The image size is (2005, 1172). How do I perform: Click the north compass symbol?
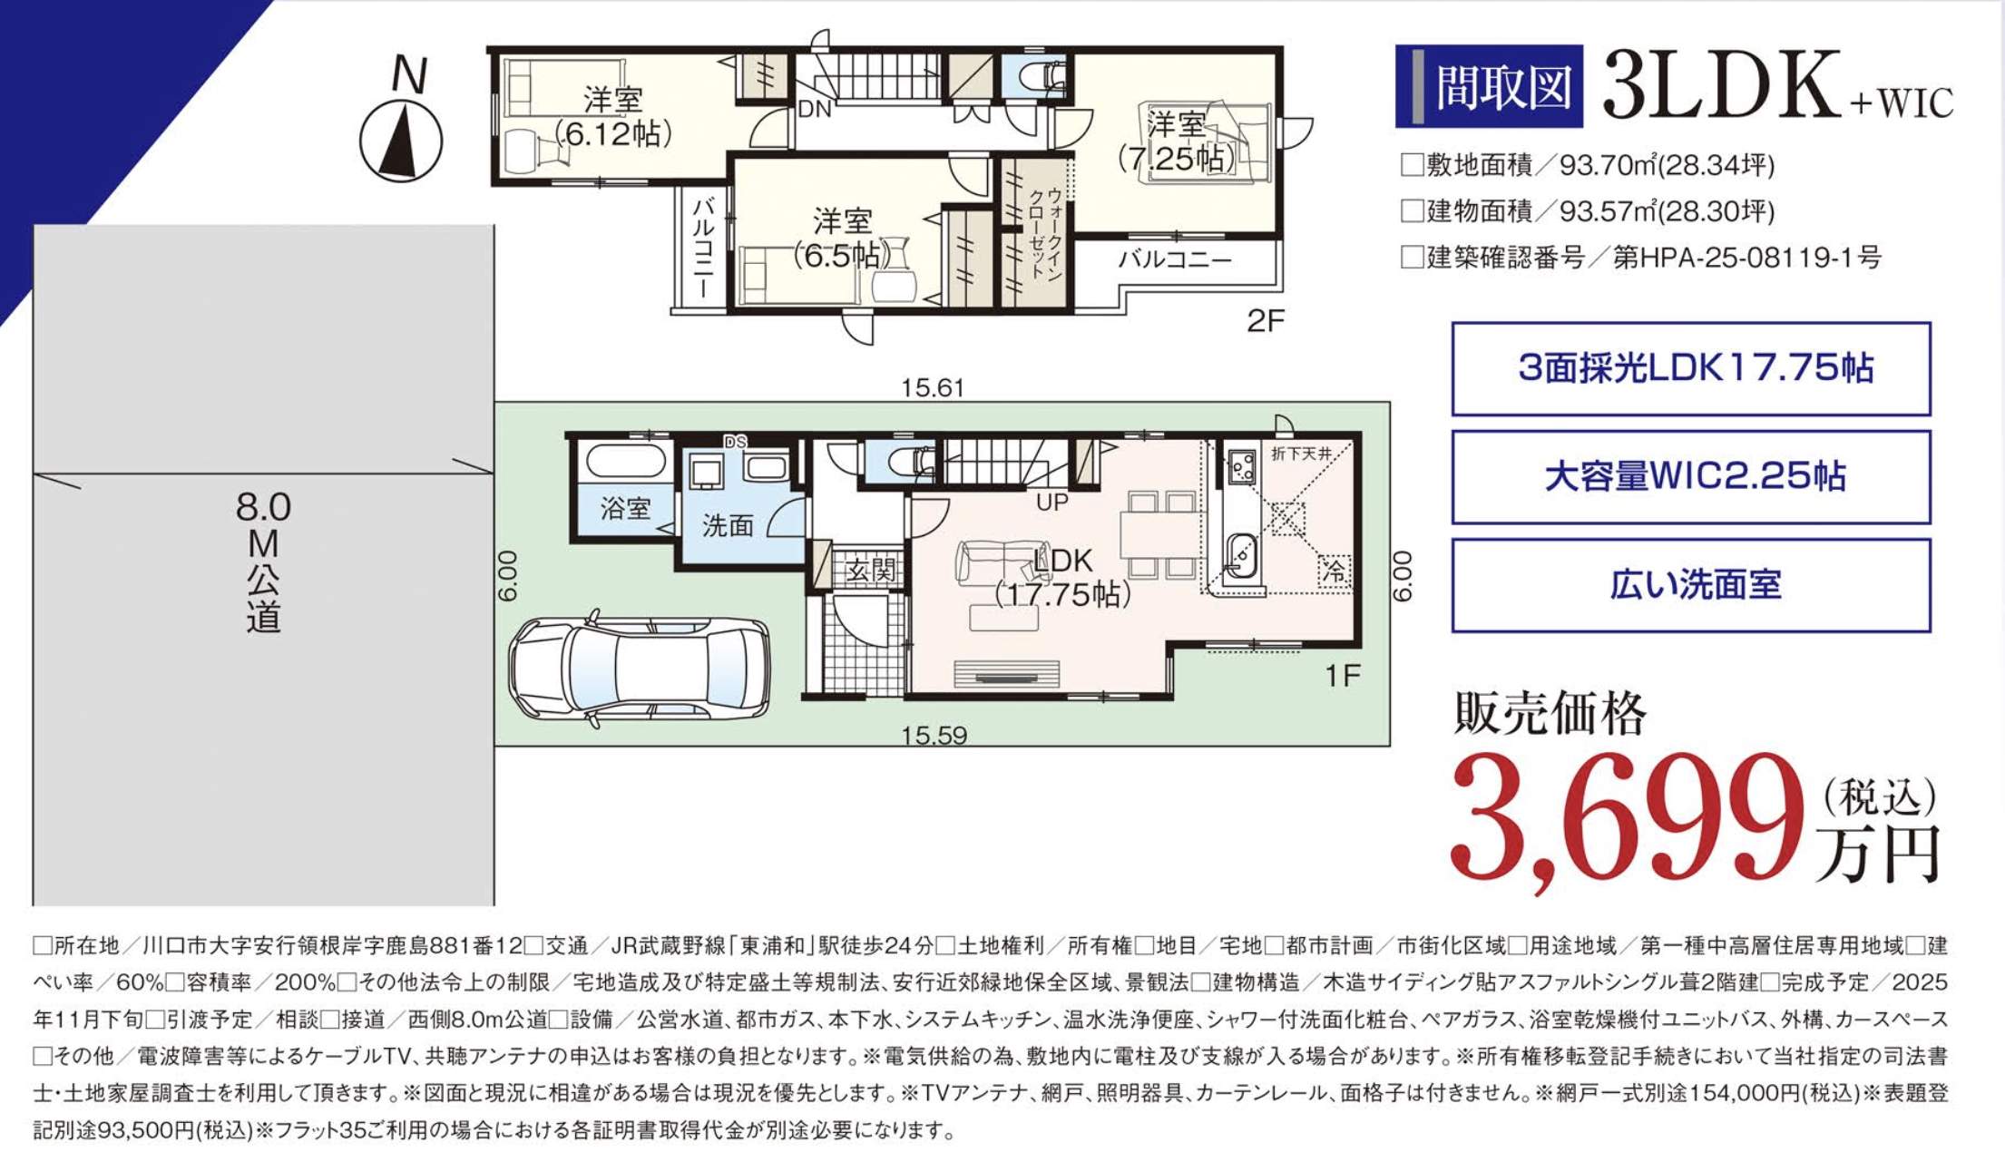coord(401,142)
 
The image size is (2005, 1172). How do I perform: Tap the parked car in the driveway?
coord(640,669)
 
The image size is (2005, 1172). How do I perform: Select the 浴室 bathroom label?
coord(625,508)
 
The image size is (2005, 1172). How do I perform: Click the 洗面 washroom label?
coord(728,525)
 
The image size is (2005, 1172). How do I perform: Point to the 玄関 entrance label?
coord(871,570)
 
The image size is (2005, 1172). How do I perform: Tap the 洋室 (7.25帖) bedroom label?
coord(1176,142)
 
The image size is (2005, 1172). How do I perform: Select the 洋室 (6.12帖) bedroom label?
coord(613,117)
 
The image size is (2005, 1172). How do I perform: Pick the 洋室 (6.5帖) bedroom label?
coord(842,239)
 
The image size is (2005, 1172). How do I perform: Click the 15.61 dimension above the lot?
coord(933,388)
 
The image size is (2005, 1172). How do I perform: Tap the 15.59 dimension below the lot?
coord(934,735)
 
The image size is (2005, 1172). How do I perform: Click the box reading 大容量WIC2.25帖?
coord(1691,477)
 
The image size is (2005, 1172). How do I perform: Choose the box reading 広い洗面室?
coord(1691,585)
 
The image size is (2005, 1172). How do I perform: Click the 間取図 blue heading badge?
coord(1489,86)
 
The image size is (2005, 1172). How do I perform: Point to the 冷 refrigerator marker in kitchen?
coord(1335,571)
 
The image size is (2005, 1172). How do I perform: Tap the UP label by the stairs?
coord(1052,502)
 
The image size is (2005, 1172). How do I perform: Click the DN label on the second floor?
coord(815,110)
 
